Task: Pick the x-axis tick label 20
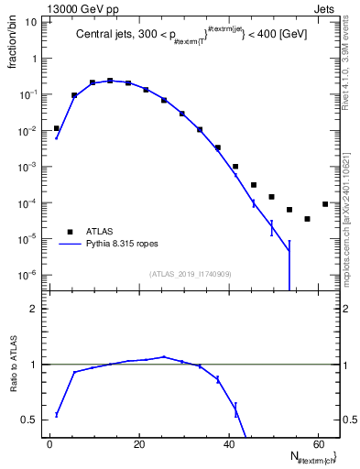coord(139,443)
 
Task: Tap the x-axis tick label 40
coord(228,443)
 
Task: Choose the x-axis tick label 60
coord(317,443)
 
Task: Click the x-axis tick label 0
coord(49,443)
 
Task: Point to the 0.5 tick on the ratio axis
coord(29,420)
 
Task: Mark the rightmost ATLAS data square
coord(325,204)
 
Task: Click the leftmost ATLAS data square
coord(57,129)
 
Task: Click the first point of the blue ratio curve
coord(57,415)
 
